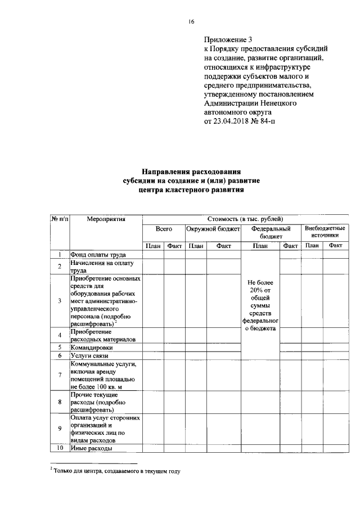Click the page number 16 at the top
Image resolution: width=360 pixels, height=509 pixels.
pyautogui.click(x=191, y=21)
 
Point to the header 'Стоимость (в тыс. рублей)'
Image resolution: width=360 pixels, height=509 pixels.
pyautogui.click(x=245, y=218)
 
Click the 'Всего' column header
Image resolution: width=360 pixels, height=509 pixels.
pyautogui.click(x=164, y=229)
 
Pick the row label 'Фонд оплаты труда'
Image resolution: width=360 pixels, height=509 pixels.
pyautogui.click(x=97, y=255)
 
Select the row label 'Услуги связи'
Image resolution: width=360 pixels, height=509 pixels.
pyautogui.click(x=89, y=356)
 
